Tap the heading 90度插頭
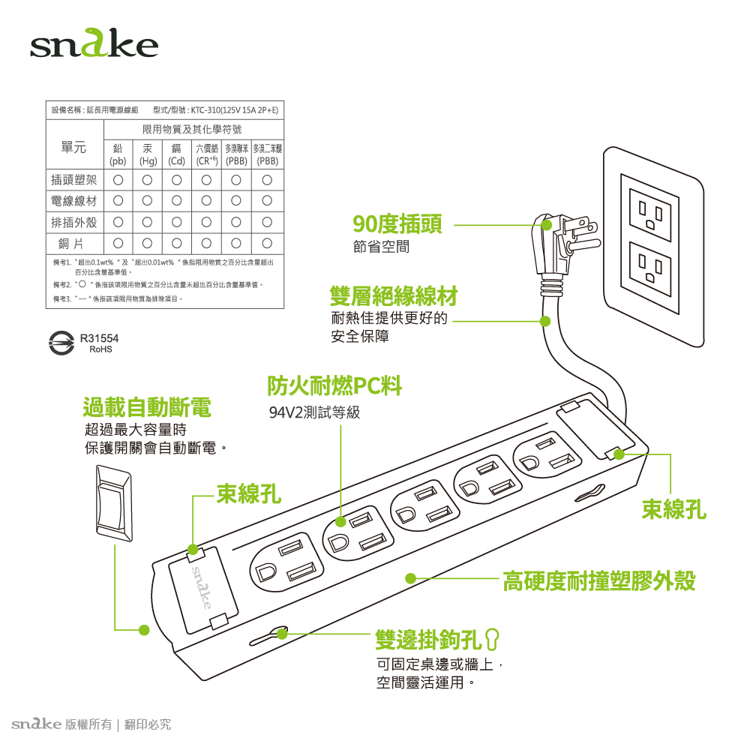pos(397,223)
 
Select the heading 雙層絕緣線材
pos(394,295)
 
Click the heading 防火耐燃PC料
pos(335,385)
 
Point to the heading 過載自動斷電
pos(147,407)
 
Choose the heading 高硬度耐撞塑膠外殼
pos(599,580)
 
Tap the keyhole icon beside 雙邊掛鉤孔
pos(493,639)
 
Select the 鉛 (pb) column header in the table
pos(118,154)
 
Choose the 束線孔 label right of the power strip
pos(673,510)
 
